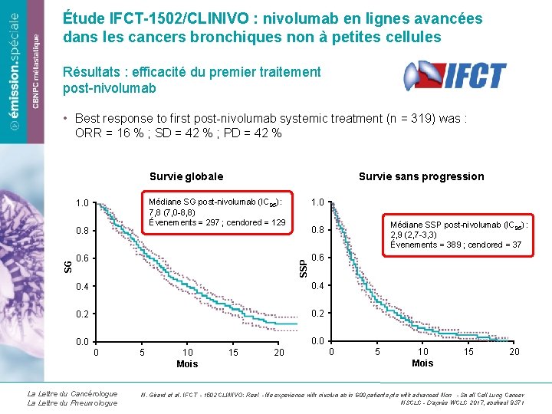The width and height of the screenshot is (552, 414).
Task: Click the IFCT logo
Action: click(455, 76)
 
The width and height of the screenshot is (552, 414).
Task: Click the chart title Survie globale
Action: click(186, 176)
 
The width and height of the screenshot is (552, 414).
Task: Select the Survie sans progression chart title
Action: click(421, 176)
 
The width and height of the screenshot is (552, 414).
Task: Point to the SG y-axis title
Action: click(68, 265)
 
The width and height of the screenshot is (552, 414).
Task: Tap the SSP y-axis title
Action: click(304, 265)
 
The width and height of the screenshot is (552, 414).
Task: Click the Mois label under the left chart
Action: click(186, 364)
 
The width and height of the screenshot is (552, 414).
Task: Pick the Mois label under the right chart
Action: click(422, 363)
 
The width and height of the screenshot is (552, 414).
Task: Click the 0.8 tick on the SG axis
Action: click(83, 230)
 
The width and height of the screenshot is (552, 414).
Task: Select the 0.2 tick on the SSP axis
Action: click(317, 314)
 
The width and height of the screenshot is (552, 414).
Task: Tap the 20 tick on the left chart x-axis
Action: click(279, 353)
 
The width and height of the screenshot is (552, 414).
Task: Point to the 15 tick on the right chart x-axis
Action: click(468, 351)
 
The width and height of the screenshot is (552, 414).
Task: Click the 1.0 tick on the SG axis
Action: click(83, 203)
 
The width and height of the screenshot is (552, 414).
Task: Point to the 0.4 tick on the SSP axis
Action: click(317, 286)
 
